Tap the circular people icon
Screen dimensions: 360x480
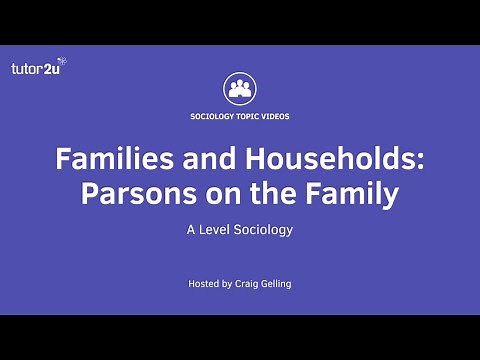[x=239, y=88]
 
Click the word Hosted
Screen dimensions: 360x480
[x=205, y=284]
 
